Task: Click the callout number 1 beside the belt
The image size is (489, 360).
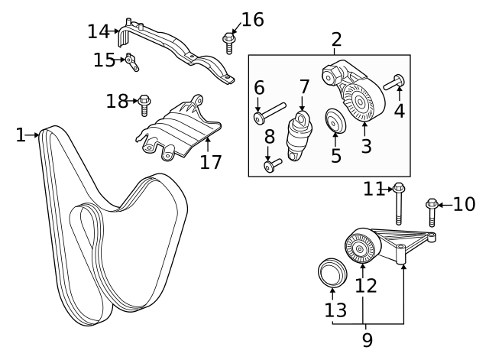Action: [20, 135]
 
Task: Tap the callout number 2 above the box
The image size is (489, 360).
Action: [336, 40]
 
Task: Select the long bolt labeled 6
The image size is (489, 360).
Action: [270, 113]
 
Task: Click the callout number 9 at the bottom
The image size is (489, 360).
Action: [367, 338]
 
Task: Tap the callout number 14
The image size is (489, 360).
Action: [99, 32]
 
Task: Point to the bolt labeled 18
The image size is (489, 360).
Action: [144, 103]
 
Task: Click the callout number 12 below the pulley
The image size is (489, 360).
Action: [366, 286]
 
